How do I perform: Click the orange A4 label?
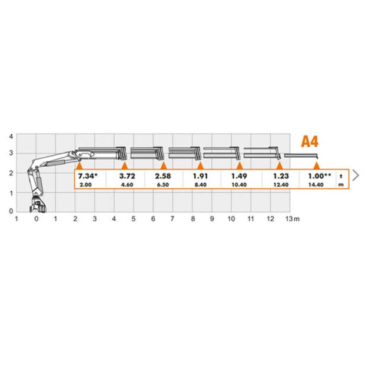310,141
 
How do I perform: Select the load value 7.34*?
88,176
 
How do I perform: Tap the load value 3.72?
127,176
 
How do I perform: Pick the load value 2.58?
163,176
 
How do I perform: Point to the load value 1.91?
200,176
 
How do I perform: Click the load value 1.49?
239,176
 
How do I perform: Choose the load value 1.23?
281,176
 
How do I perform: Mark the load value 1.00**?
319,176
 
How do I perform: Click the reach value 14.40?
316,185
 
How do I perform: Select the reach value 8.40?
200,185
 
